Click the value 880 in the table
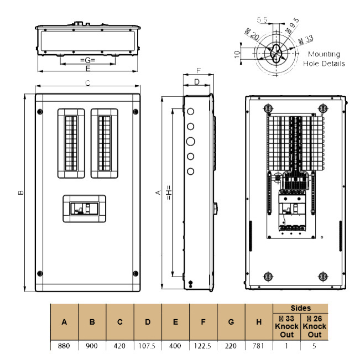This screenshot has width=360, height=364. pos(64,346)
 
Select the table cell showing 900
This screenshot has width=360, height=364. pos(92,346)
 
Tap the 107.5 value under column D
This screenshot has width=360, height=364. pos(148,346)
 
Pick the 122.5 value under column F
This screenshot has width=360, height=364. pos(203,346)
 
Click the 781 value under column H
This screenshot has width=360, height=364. pos(258,346)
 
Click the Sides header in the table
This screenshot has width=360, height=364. pos(300,308)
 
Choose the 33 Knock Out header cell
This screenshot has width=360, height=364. pos(286,326)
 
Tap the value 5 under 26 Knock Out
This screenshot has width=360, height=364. pos(314,346)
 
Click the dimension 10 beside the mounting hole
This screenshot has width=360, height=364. pos(237,54)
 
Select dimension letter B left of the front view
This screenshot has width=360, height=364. pos(20,193)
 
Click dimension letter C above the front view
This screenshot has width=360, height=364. pos(87,83)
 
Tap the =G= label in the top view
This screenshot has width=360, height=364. pos(87,59)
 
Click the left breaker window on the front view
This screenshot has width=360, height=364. pos(70,143)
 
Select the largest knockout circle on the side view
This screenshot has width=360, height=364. pos(191,141)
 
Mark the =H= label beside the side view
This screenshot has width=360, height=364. pos(168,192)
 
